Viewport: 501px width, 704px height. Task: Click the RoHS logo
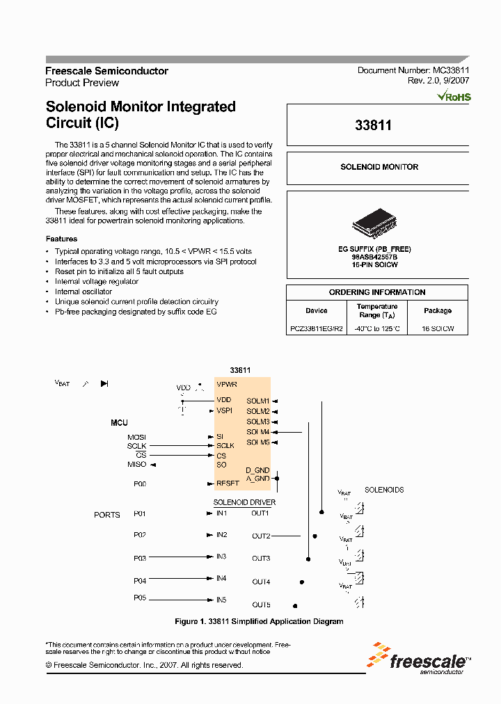(454, 97)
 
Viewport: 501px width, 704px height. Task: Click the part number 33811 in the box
(373, 126)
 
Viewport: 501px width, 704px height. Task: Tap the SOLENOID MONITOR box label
(379, 167)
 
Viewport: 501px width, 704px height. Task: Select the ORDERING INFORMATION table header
(377, 292)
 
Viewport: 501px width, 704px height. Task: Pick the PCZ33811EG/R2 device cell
(316, 329)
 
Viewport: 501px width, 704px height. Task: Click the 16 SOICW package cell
(438, 329)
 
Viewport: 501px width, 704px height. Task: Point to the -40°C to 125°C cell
(377, 329)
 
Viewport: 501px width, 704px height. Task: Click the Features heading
(61, 239)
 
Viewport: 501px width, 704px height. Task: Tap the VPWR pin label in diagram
(227, 384)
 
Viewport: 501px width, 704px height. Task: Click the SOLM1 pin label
(257, 401)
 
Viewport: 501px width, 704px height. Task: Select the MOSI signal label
(136, 437)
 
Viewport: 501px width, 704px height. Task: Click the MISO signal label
(136, 464)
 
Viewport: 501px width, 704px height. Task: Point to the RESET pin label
(228, 483)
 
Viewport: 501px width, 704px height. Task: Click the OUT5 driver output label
(261, 605)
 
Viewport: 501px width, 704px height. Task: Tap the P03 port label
(140, 558)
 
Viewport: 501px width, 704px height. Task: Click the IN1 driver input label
(222, 513)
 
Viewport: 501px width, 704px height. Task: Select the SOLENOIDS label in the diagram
(384, 490)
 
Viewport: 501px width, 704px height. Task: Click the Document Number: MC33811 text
(414, 70)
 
